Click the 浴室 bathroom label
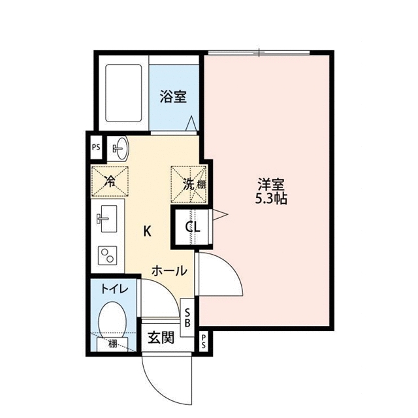pyautogui.click(x=174, y=97)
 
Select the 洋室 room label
pyautogui.click(x=270, y=184)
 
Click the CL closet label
pyautogui.click(x=193, y=227)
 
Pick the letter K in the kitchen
pyautogui.click(x=148, y=230)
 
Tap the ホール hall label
pyautogui.click(x=170, y=270)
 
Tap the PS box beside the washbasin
pyautogui.click(x=95, y=147)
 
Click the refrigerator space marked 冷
pyautogui.click(x=109, y=181)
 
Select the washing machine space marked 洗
pyautogui.click(x=188, y=183)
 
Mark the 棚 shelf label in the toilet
pyautogui.click(x=113, y=344)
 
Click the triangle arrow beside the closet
pyautogui.click(x=221, y=213)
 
